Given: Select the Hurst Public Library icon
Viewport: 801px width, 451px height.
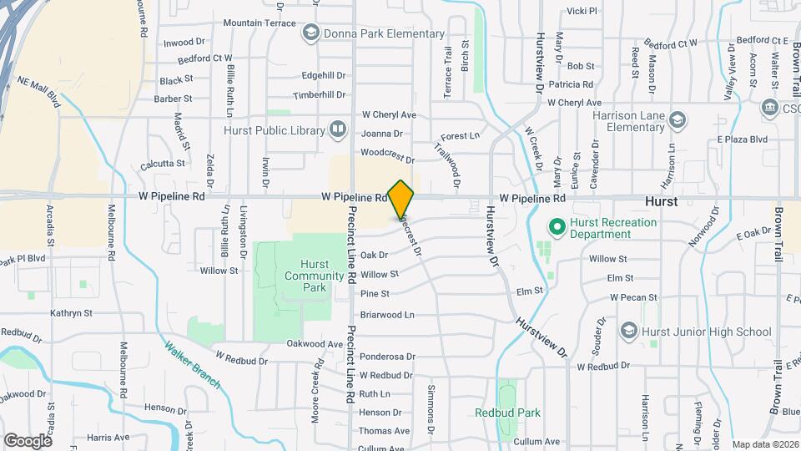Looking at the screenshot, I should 338,129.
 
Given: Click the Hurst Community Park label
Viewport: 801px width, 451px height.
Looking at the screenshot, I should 304,276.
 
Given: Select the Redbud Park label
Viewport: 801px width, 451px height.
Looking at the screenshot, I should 507,413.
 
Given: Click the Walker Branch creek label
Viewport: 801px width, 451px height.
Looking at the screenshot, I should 192,365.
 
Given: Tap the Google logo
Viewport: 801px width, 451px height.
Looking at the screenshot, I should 28,440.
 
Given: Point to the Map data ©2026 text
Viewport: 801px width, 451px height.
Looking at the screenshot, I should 765,444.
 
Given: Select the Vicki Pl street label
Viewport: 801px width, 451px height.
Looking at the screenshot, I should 582,11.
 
